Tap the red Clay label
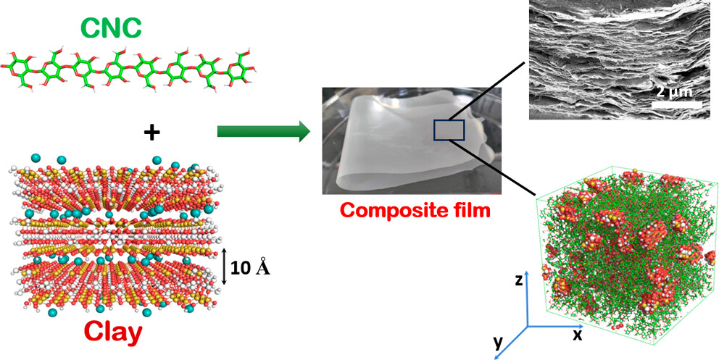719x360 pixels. (x=112, y=331)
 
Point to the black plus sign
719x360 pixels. (x=151, y=133)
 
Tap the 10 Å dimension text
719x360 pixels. (x=251, y=268)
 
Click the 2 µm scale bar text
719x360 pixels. (x=673, y=93)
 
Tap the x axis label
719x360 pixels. (x=577, y=334)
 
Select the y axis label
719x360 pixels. (x=497, y=343)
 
